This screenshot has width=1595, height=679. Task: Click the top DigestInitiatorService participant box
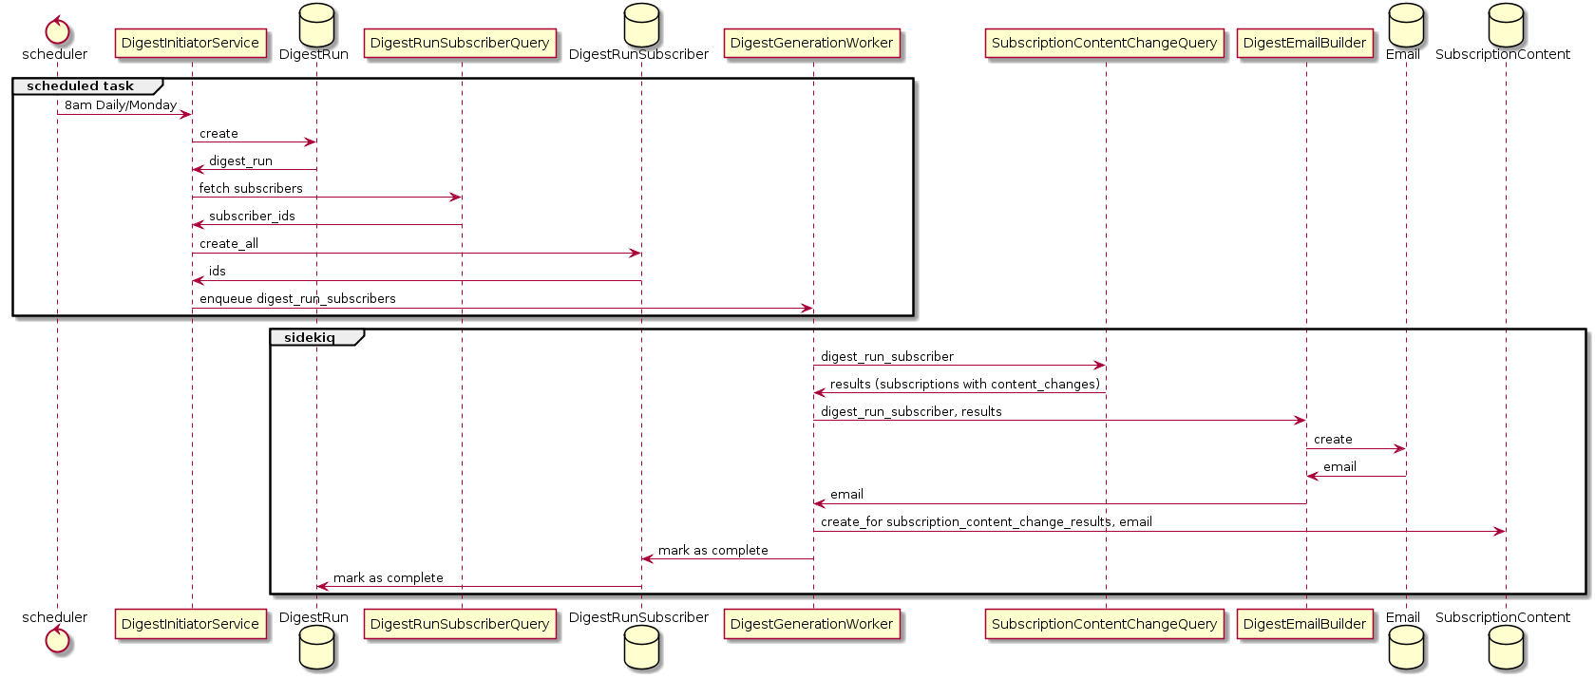(x=190, y=43)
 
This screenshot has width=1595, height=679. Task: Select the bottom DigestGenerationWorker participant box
(x=811, y=624)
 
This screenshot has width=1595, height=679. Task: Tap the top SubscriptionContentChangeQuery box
(x=1104, y=43)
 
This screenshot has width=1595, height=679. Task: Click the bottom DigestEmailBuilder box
(x=1304, y=624)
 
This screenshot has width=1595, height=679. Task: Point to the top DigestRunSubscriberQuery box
(x=461, y=43)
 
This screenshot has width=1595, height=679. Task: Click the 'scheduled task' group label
(x=80, y=86)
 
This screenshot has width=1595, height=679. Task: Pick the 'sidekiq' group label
(x=309, y=338)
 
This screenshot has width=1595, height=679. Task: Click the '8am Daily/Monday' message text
(x=121, y=105)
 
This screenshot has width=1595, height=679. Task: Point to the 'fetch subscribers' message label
(x=251, y=188)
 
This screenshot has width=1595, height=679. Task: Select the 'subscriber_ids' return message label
(x=252, y=216)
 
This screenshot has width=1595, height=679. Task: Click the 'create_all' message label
(x=229, y=243)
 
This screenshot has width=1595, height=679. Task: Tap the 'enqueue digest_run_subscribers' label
(x=297, y=298)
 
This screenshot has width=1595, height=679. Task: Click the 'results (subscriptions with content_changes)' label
(x=964, y=384)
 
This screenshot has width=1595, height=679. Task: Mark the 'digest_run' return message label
(x=240, y=160)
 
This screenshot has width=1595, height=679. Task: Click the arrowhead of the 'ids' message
(x=197, y=280)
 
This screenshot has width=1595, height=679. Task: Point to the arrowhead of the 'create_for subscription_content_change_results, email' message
(x=1500, y=531)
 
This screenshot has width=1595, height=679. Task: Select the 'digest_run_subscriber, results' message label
(x=911, y=411)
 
